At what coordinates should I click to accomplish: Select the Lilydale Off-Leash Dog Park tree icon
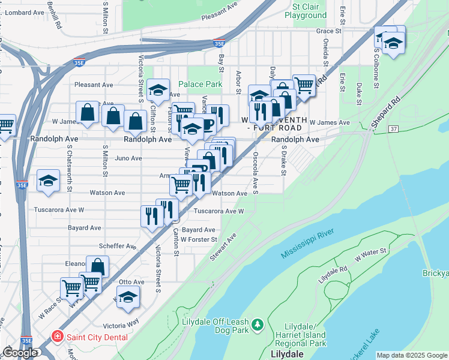click(x=258, y=324)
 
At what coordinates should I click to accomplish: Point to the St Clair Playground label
click(x=309, y=11)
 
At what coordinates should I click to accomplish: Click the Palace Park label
click(x=200, y=85)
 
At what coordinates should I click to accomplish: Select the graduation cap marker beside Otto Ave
click(x=128, y=297)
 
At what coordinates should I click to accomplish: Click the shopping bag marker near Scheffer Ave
click(x=97, y=266)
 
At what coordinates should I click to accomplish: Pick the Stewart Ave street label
click(x=223, y=247)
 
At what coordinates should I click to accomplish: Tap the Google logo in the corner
click(x=20, y=353)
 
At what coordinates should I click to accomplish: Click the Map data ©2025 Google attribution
click(x=412, y=355)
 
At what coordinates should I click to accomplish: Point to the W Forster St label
click(x=199, y=239)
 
